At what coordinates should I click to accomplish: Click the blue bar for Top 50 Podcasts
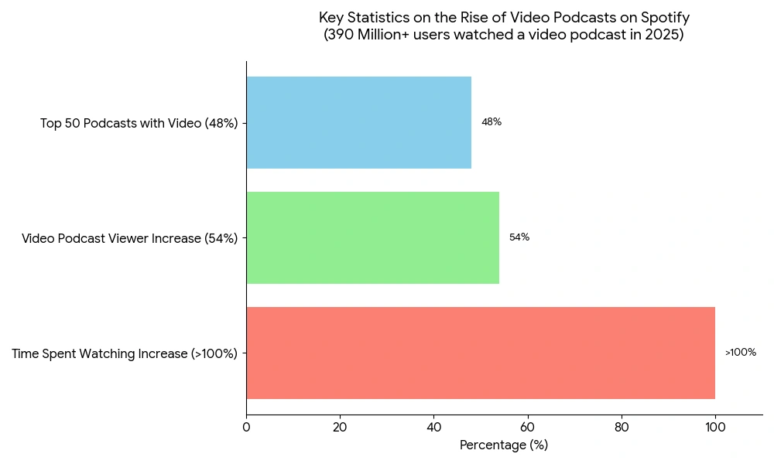(358, 122)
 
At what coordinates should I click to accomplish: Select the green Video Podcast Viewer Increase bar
(372, 237)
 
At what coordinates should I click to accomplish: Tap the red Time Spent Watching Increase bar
(480, 353)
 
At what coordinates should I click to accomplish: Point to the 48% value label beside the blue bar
(491, 122)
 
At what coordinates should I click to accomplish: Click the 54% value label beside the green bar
(519, 237)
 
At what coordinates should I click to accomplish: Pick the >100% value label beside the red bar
(741, 353)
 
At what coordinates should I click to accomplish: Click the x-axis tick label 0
(246, 426)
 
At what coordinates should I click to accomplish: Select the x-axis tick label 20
(340, 426)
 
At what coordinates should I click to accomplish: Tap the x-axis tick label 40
(433, 426)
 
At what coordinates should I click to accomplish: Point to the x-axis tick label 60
(527, 426)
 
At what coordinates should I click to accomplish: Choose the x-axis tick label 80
(621, 426)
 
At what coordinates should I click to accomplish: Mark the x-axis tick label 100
(715, 426)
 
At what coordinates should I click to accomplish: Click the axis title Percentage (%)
(504, 445)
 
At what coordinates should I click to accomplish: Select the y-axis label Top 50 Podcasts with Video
(139, 123)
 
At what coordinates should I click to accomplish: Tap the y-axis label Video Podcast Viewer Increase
(130, 238)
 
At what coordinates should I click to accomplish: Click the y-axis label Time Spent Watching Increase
(125, 354)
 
